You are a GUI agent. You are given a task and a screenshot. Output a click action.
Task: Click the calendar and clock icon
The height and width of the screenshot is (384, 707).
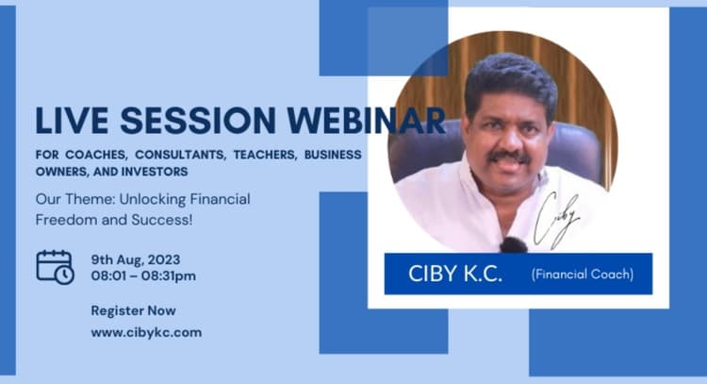tap(55, 267)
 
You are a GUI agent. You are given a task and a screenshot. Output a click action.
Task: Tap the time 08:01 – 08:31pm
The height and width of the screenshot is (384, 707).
tap(143, 275)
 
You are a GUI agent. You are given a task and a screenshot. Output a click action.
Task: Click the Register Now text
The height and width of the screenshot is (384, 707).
tap(133, 310)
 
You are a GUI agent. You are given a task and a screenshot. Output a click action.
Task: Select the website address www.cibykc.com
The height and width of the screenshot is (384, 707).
tap(146, 332)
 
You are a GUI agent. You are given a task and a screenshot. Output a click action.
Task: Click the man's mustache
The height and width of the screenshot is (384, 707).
tap(509, 155)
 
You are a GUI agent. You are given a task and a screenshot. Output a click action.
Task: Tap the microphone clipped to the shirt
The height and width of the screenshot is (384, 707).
tap(514, 244)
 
